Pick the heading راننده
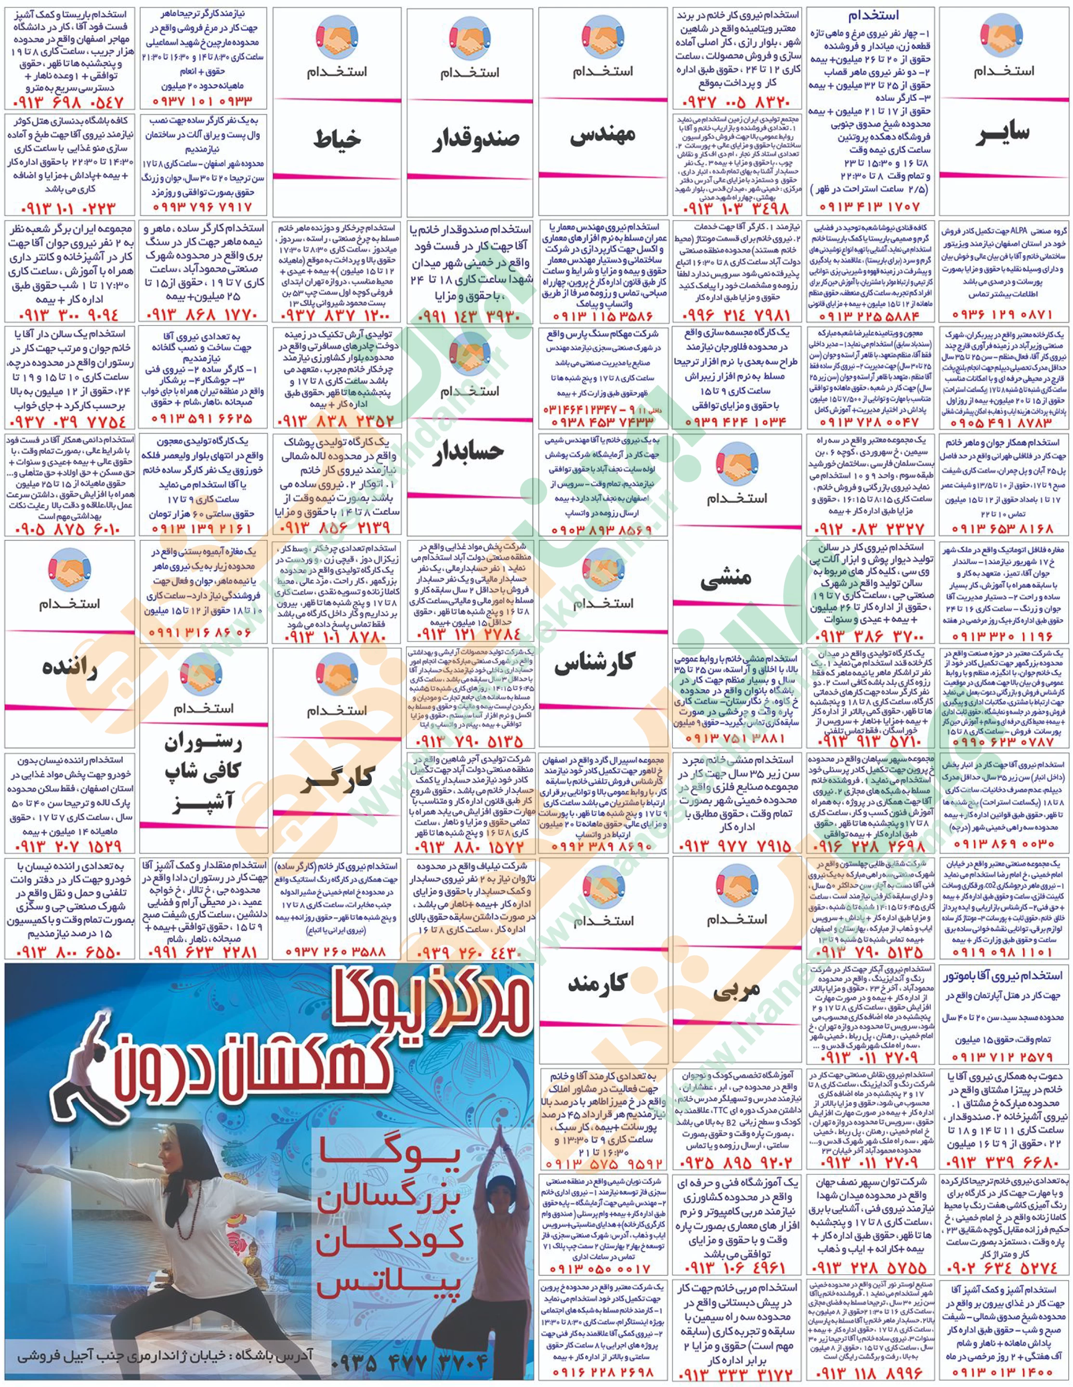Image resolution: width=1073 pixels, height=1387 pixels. pos(69,667)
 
